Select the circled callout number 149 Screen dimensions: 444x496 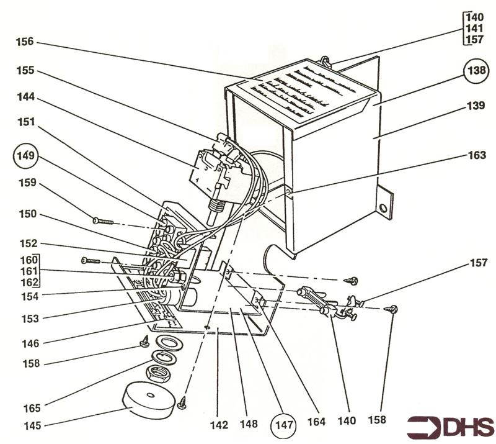(x=30, y=153)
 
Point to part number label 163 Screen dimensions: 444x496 (x=477, y=156)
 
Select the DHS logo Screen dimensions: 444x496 (x=450, y=427)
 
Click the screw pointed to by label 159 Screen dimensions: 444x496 (x=104, y=221)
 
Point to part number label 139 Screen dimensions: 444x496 (x=476, y=106)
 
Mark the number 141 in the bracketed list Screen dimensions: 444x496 (x=475, y=29)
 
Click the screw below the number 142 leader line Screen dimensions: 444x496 (x=182, y=403)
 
